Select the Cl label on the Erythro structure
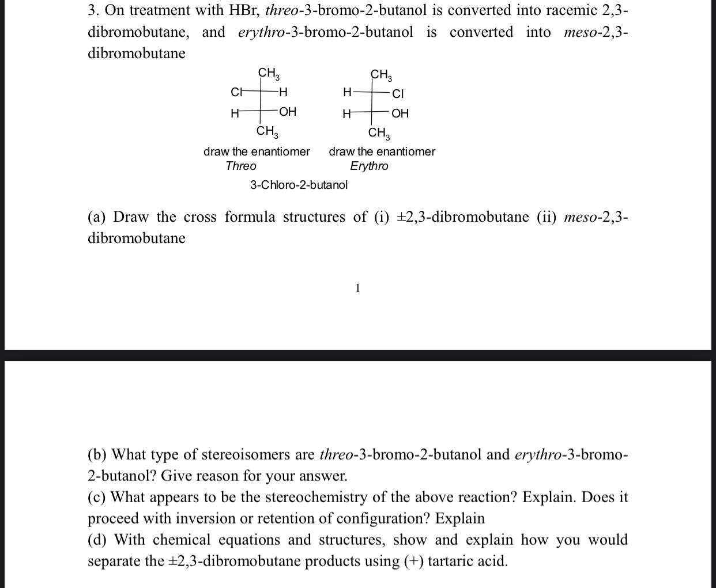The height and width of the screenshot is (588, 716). pyautogui.click(x=398, y=93)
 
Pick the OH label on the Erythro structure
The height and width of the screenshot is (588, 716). pyautogui.click(x=400, y=113)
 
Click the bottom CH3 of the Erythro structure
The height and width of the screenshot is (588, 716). pyautogui.click(x=379, y=134)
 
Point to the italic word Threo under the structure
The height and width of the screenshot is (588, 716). pyautogui.click(x=241, y=166)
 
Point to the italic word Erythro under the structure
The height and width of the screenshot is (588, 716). pyautogui.click(x=369, y=166)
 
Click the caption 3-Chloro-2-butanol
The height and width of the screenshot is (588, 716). pyautogui.click(x=299, y=185)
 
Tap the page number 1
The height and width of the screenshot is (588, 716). pyautogui.click(x=357, y=288)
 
